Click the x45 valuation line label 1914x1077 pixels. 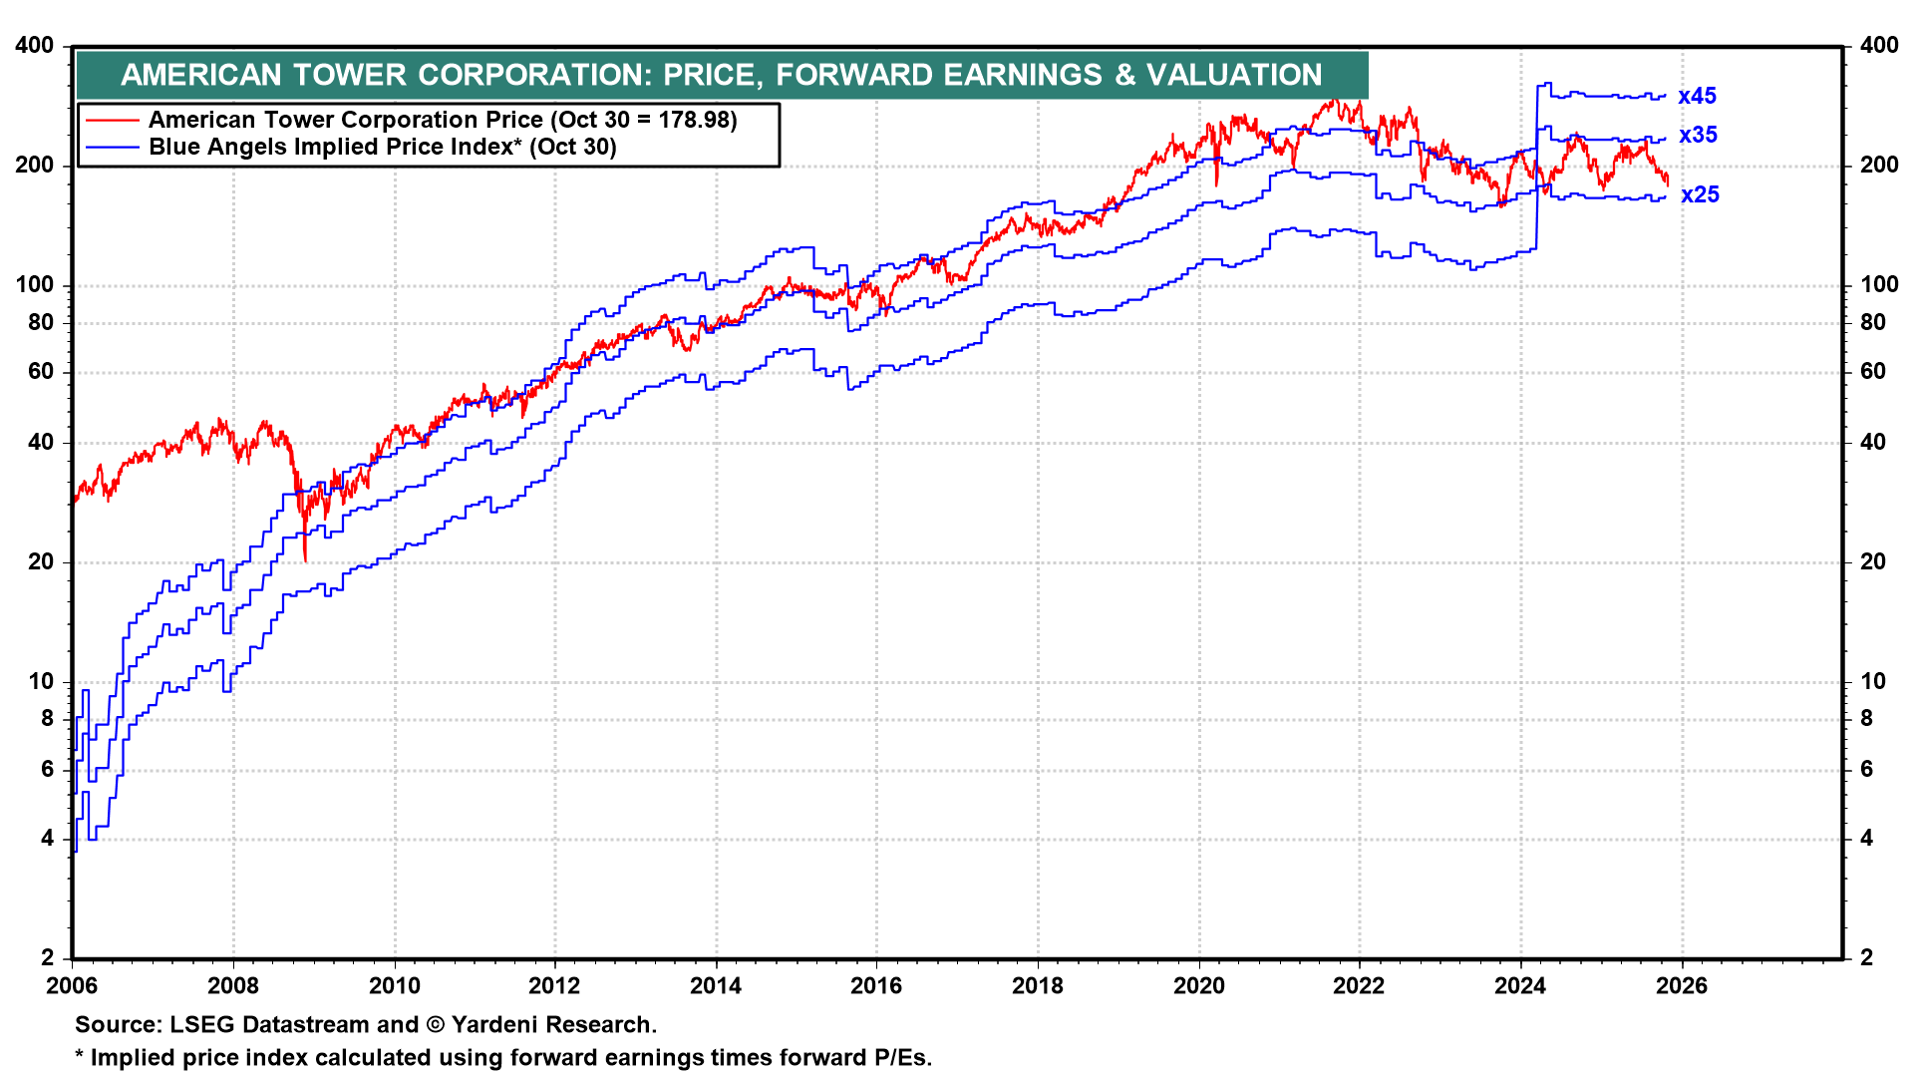1697,97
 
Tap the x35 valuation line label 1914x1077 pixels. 1698,136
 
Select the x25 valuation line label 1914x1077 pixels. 1700,195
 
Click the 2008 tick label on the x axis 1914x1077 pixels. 233,986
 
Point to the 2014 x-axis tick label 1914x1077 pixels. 716,986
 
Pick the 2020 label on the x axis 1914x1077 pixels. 1198,986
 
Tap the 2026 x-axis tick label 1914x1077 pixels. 1681,986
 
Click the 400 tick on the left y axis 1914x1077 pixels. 35,46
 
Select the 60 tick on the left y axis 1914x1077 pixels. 41,372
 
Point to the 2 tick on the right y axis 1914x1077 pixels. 1867,958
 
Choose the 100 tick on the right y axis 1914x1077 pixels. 1879,285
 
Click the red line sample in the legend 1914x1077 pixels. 112,121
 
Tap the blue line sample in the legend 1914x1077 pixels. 112,148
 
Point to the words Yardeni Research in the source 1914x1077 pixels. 553,1025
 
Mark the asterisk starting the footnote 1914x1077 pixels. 80,1056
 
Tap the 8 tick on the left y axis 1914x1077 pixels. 47,719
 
